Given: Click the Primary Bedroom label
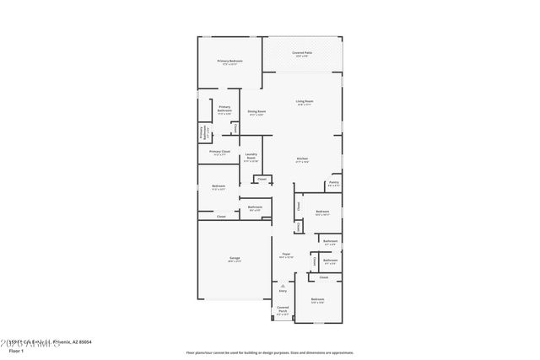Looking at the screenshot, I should coord(229,61).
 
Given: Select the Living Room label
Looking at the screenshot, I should coord(304,101).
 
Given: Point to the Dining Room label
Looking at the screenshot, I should coord(256,111).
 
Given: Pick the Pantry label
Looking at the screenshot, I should coord(334,182).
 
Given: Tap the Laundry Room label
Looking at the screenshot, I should coord(251,155).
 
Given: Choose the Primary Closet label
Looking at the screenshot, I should coord(219,152).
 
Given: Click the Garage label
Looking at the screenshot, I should coord(234,257).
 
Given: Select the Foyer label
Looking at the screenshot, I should coord(287,254).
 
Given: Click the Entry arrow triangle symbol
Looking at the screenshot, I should coord(283,285).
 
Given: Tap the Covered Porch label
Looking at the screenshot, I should coord(283,308).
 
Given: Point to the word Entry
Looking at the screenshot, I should coord(283,291).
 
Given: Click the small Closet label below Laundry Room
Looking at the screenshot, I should coord(262,179).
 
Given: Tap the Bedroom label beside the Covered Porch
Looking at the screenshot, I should coord(317,299).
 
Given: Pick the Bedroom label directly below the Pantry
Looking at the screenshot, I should coord(322,212).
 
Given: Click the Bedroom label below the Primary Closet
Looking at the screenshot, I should coord(219,185).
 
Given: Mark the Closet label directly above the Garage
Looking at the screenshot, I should coord(221,217).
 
